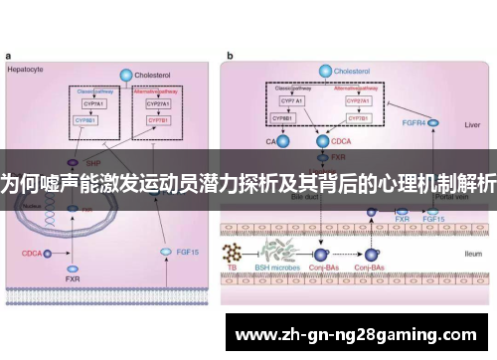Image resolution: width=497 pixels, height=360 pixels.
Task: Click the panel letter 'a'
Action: tap(9, 58)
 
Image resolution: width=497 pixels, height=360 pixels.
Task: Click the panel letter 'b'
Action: tap(231, 58)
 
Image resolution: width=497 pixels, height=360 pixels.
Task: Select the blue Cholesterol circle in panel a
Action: tap(125, 75)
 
